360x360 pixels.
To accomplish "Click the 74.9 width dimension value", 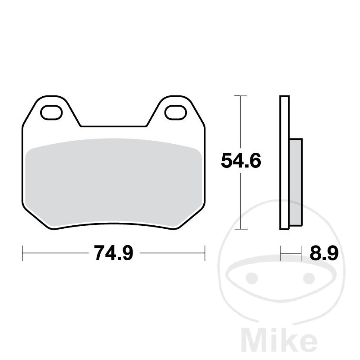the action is point(114,253).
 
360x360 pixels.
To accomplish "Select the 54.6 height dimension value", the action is point(241,161).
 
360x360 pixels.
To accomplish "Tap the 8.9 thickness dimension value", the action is point(324,253).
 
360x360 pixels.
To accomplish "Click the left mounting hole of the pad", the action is point(51,113).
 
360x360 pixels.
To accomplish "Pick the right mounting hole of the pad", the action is point(176,113).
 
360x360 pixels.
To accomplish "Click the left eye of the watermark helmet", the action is point(252,278).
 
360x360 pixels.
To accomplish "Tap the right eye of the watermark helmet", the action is point(309,278).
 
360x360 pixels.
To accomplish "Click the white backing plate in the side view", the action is point(284,163).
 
